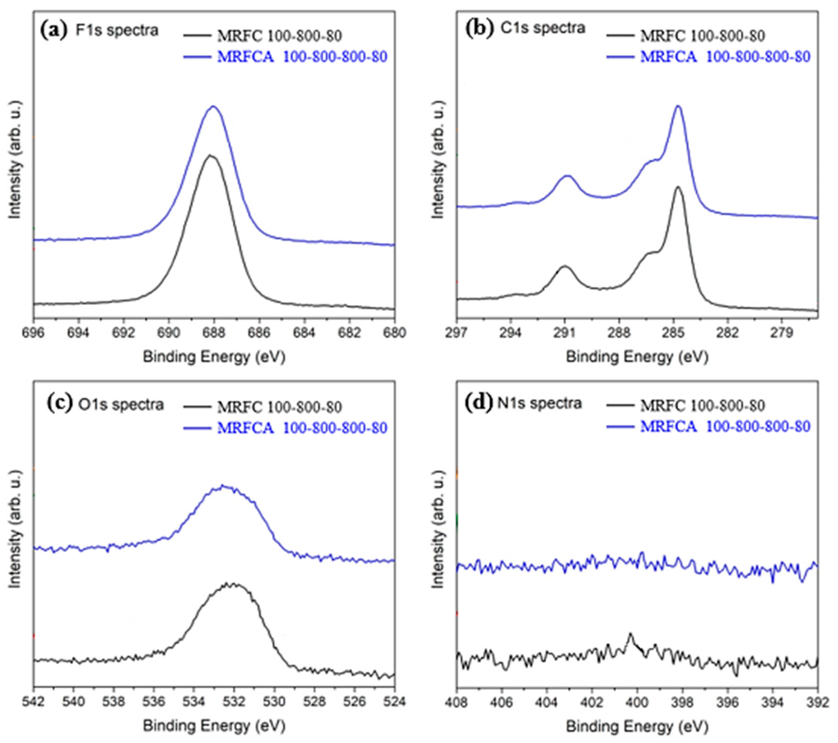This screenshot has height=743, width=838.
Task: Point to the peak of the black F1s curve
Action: [x=210, y=155]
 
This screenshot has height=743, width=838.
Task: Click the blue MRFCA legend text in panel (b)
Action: [x=725, y=57]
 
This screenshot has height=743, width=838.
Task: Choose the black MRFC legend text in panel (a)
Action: [x=280, y=36]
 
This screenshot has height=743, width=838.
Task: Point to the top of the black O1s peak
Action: [x=230, y=584]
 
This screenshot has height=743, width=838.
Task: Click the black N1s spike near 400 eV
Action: [x=630, y=634]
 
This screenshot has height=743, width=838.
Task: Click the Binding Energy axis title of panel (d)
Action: [x=637, y=726]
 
